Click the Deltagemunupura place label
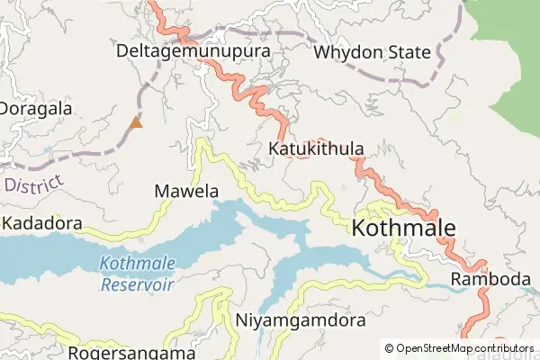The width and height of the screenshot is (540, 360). tap(193, 51)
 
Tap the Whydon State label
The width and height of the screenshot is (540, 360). tap(372, 52)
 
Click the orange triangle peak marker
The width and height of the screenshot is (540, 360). tap(136, 121)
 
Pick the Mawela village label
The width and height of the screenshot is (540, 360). tap(186, 191)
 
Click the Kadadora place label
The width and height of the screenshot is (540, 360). tap(42, 222)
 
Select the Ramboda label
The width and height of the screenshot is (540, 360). tap(490, 279)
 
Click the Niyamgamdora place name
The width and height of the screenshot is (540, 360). tap(301, 320)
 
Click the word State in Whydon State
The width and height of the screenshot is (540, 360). tap(409, 52)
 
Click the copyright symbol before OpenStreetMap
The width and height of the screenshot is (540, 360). tap(390, 348)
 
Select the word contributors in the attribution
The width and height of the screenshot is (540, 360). tap(504, 348)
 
